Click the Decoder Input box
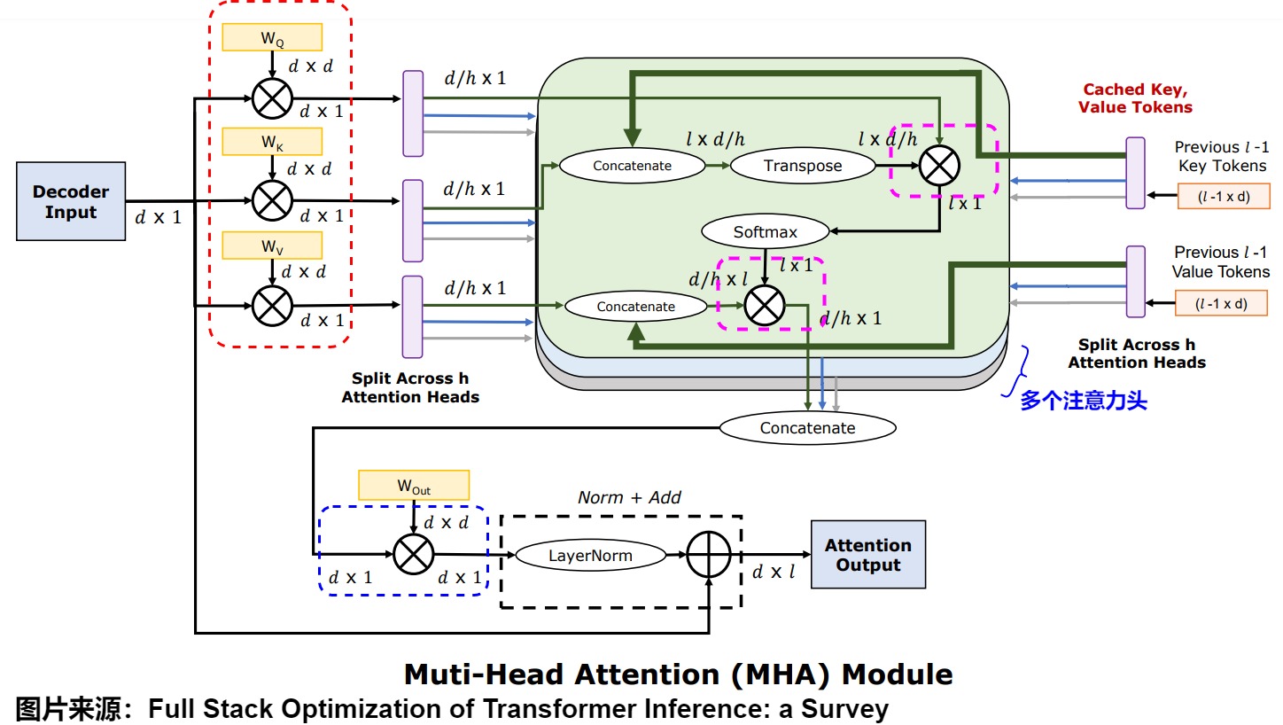71,201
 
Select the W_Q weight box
271,36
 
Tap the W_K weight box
271,142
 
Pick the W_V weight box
271,245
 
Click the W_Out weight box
413,484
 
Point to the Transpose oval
803,166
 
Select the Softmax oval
766,232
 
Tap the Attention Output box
867,555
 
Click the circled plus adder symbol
709,556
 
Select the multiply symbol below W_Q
271,97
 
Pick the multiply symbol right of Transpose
940,166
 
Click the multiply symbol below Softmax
765,306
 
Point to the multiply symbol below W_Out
413,555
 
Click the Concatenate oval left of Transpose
632,166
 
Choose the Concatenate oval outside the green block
807,428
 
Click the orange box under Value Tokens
1221,303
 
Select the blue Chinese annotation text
1083,401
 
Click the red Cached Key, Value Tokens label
1135,98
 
